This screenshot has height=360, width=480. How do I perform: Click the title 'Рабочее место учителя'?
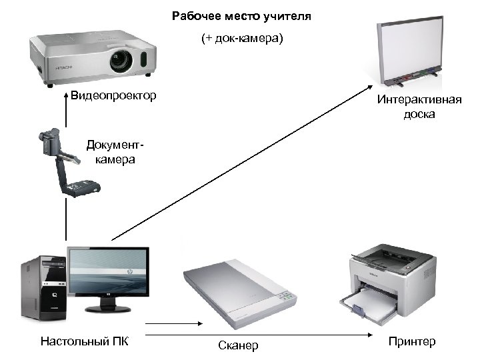tap(241, 15)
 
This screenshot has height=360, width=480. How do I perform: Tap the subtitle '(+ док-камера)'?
tap(242, 39)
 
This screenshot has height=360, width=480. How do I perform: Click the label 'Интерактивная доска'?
tap(419, 107)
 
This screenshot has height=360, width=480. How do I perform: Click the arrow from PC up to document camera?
tap(67, 220)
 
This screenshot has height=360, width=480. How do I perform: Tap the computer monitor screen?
tap(108, 272)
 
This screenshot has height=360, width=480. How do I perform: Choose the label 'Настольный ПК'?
tap(84, 342)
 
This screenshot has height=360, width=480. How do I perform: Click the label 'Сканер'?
tap(238, 345)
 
